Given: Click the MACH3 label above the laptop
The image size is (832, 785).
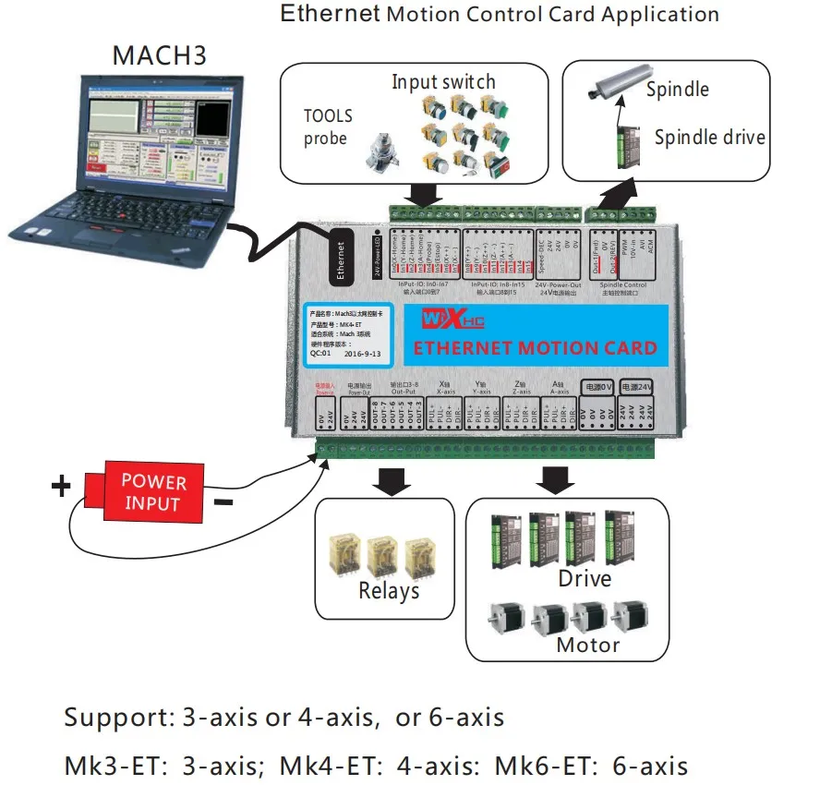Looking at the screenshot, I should [x=159, y=54].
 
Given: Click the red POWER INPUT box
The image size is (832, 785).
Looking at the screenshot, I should [x=153, y=492].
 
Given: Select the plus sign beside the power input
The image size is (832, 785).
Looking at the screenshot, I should [x=61, y=486].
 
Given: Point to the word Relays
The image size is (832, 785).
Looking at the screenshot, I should [x=389, y=590].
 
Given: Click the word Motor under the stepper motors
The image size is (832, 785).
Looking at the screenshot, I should [x=588, y=645].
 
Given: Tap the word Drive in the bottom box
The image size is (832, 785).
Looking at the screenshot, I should [x=585, y=578].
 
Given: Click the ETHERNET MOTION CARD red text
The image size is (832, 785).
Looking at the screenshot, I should [x=535, y=348].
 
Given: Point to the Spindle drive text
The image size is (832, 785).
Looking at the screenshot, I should [x=709, y=138].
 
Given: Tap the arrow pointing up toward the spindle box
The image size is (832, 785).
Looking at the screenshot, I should [x=609, y=195].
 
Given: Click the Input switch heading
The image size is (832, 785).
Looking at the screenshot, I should [x=443, y=81].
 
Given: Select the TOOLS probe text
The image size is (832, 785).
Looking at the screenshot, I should [x=328, y=127].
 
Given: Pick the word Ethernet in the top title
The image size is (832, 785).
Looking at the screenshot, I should [x=331, y=14].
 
